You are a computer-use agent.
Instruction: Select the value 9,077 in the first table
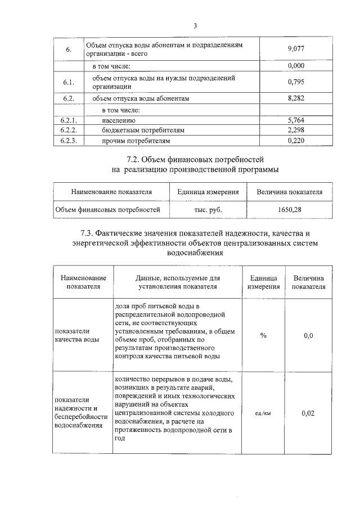295,49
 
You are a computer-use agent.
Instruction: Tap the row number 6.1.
69,82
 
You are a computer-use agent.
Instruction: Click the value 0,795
295,82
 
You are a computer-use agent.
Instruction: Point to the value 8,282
295,98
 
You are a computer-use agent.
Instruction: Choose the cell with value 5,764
295,120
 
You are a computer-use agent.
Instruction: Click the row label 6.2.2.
69,130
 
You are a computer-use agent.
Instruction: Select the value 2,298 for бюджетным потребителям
295,130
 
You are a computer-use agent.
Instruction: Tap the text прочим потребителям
136,140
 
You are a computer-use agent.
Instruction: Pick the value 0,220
295,140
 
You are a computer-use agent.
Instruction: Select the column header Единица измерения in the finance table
208,192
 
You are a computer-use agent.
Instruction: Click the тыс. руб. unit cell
208,210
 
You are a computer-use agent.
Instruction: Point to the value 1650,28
289,210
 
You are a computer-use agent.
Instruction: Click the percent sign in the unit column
263,336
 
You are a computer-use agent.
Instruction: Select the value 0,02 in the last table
308,413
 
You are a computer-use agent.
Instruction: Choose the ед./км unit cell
263,413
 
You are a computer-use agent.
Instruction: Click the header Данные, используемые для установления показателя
178,282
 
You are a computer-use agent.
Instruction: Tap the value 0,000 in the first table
295,66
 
